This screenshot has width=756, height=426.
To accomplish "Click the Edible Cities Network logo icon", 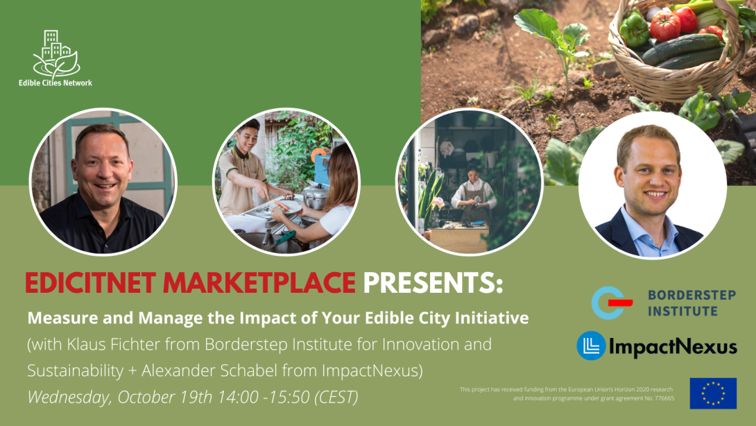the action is (56, 55).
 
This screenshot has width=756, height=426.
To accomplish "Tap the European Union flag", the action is (713, 393).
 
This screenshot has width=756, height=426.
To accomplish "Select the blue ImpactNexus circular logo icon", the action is (591, 346).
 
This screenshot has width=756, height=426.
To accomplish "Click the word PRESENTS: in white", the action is (433, 282).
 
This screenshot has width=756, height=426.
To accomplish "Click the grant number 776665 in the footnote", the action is (665, 398).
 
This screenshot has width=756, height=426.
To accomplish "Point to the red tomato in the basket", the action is (665, 26).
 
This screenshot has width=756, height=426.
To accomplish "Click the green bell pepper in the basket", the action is (634, 29).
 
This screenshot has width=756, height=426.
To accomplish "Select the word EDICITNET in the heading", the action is (90, 282).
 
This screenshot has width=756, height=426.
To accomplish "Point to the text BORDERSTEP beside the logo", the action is (692, 295).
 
